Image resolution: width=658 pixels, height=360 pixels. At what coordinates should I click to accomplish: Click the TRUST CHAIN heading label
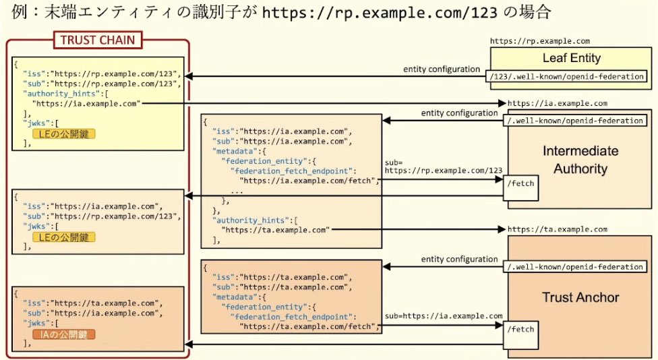(97, 40)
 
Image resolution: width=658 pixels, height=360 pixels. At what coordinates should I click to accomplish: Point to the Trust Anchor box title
(580, 297)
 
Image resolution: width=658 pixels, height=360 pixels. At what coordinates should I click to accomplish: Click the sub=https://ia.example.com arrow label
(444, 316)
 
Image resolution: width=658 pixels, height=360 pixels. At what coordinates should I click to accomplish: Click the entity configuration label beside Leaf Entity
(442, 69)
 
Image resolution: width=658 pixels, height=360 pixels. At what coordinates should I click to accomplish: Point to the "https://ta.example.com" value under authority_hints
(276, 230)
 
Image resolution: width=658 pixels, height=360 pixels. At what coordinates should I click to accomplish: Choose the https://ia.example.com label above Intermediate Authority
(557, 104)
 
